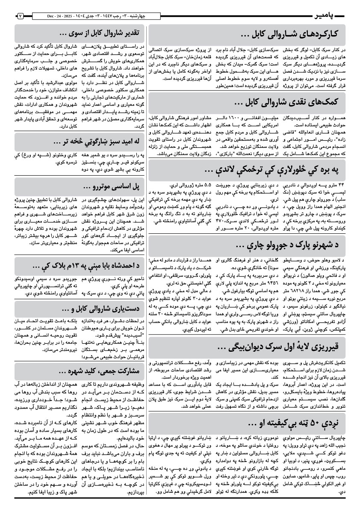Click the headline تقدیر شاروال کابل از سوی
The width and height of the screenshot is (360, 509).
point(99,33)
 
